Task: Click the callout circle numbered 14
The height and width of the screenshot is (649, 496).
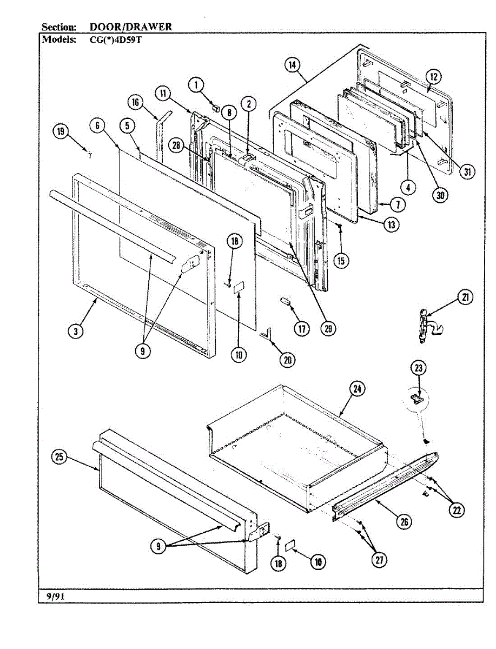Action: pyautogui.click(x=292, y=65)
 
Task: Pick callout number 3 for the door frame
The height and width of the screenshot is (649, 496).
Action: pyautogui.click(x=76, y=331)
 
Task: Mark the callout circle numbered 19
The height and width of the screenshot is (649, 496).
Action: pyautogui.click(x=62, y=131)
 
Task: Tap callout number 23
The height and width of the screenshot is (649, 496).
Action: pyautogui.click(x=419, y=368)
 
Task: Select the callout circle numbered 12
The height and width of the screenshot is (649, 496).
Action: pyautogui.click(x=433, y=76)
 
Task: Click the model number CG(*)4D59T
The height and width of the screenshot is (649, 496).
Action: pyautogui.click(x=116, y=39)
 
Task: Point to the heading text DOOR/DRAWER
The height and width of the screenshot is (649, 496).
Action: pyautogui.click(x=130, y=27)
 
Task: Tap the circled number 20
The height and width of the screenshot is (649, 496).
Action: pyautogui.click(x=287, y=359)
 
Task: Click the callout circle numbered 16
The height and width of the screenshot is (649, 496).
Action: pyautogui.click(x=136, y=102)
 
